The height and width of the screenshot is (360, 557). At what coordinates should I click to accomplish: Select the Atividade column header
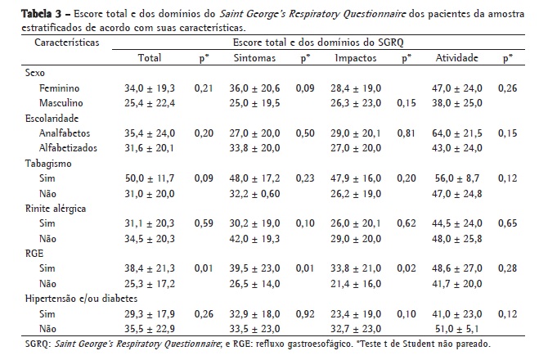456,58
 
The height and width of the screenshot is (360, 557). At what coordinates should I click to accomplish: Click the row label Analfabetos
65,132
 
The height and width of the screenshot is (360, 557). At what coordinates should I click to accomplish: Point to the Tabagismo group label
47,163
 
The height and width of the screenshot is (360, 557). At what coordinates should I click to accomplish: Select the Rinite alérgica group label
56,209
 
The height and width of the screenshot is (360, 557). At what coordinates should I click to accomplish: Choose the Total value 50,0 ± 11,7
162,178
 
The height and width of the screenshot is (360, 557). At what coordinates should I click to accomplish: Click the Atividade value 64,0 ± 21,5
456,132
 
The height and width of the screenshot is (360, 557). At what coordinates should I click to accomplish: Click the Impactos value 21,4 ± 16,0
357,285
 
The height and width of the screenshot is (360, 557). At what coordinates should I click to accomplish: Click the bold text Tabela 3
24,16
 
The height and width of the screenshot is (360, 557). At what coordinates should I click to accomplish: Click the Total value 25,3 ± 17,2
162,285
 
